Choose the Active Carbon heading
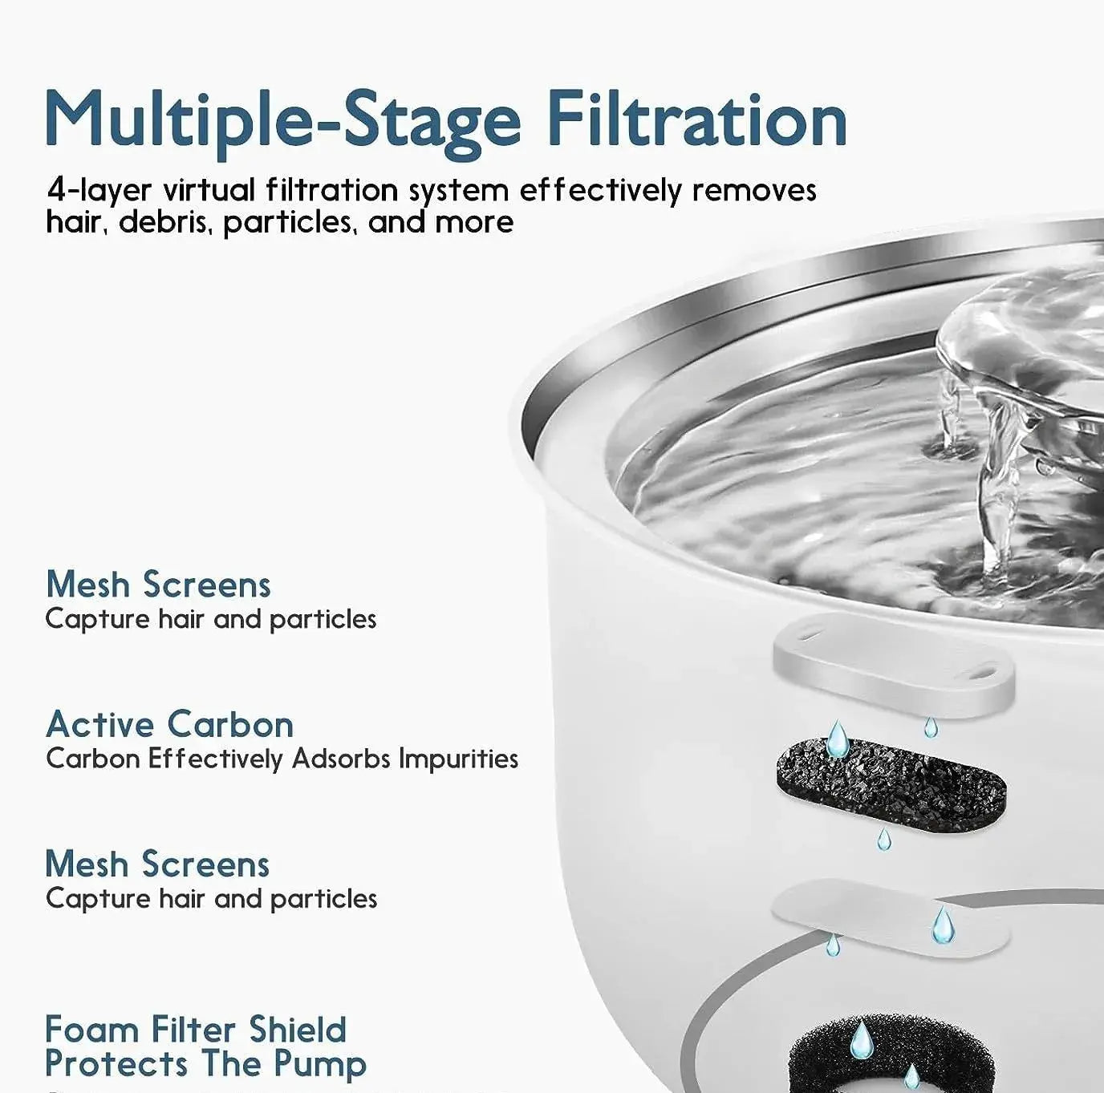pos(170,724)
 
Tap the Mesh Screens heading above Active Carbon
pos(158,584)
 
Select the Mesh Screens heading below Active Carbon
pos(158,864)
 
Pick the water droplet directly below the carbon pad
pos(883,840)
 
